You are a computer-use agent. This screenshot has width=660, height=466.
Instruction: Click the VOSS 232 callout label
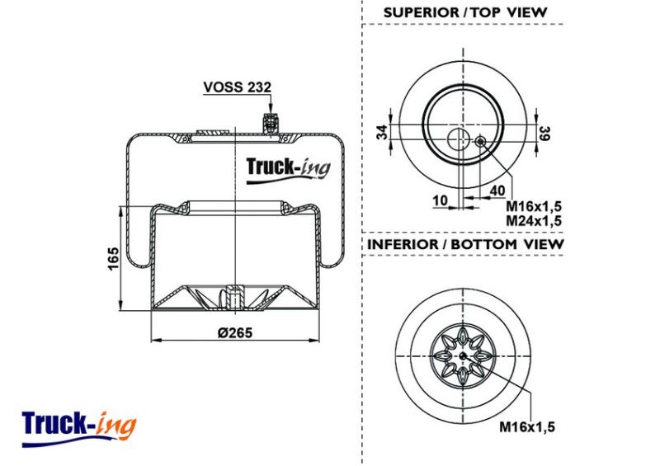point(237,87)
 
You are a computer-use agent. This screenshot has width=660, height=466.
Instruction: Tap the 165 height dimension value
point(113,259)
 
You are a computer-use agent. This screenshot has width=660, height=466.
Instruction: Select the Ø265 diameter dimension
point(235,332)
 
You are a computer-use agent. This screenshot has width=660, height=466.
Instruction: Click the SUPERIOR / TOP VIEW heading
point(465,12)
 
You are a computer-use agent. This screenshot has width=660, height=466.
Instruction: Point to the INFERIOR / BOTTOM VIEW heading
point(464,244)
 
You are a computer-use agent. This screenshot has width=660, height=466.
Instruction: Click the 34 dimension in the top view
point(382,132)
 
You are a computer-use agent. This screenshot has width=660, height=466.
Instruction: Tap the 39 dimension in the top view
point(544,133)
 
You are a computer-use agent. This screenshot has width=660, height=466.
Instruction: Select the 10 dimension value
point(441,200)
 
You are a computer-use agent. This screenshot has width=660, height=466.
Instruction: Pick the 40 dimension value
point(497,191)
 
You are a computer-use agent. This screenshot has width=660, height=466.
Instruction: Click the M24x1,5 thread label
point(534,220)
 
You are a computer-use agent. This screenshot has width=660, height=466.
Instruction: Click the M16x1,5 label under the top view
point(534,207)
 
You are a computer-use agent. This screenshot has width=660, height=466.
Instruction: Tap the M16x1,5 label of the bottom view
point(527,427)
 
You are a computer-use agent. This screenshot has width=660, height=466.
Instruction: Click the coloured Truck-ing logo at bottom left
point(78,428)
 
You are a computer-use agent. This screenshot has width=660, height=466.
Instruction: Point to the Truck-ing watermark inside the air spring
point(288,170)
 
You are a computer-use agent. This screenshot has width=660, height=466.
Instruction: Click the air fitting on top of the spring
point(270,123)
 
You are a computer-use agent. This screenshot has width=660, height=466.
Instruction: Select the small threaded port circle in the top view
point(480,141)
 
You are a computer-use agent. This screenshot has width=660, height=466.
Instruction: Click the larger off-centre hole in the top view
point(458,139)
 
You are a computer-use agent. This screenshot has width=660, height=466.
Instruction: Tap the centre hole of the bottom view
point(463,356)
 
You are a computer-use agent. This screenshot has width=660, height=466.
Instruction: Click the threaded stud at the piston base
point(234,297)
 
